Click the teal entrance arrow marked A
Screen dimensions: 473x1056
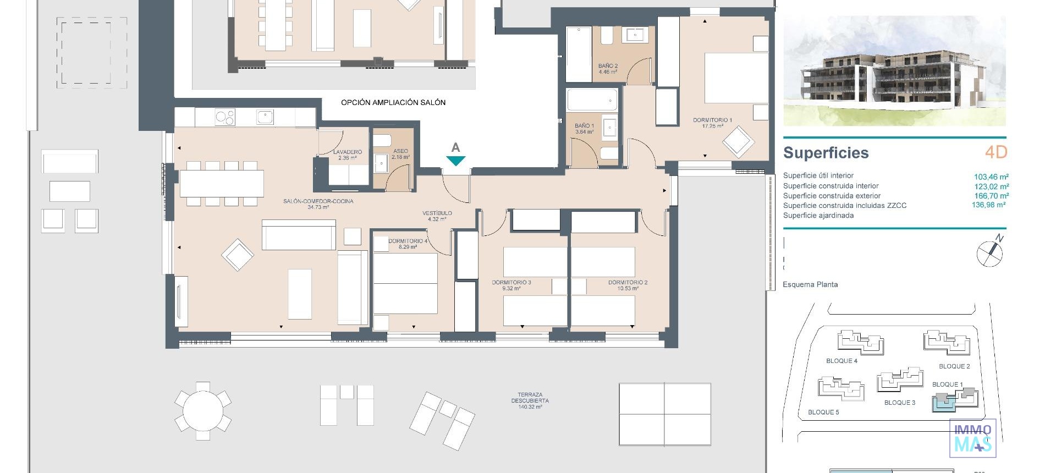[x=455, y=161]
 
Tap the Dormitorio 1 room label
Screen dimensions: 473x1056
[x=712, y=123]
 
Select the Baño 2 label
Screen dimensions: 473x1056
[x=608, y=69]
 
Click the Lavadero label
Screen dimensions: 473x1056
[x=347, y=155]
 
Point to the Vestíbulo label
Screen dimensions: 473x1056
[x=437, y=216]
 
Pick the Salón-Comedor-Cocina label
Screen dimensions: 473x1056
[x=318, y=204]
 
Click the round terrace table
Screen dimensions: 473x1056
[x=203, y=410]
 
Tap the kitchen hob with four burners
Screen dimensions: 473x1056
[x=224, y=117]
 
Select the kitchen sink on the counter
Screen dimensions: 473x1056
[x=265, y=117]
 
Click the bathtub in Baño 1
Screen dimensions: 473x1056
[x=592, y=101]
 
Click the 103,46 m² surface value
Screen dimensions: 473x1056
[x=991, y=177]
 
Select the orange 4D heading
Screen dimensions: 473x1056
[x=996, y=152]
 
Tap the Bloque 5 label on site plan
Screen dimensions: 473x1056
[x=823, y=412]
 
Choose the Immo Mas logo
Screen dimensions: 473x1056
[x=972, y=438]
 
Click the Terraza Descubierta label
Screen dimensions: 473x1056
[x=530, y=400]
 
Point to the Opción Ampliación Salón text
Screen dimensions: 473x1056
[x=393, y=102]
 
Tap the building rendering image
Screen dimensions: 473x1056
[x=894, y=71]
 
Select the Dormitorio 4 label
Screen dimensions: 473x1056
[x=408, y=244]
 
